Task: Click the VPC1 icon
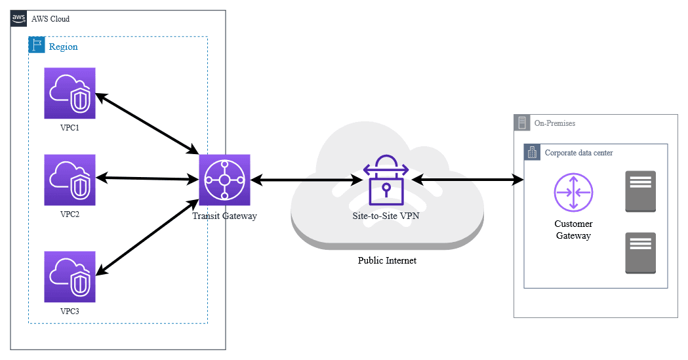[70, 93]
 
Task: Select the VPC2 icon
[70, 180]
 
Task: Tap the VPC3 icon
[70, 275]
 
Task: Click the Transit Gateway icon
[224, 180]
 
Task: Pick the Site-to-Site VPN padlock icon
[386, 180]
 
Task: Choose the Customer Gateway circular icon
[573, 192]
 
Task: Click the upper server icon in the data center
[641, 191]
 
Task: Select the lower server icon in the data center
[641, 252]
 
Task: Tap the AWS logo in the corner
[20, 18]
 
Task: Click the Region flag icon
[37, 46]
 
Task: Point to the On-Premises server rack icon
[523, 123]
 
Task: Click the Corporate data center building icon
[532, 152]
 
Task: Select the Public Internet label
[387, 261]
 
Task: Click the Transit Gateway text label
[224, 216]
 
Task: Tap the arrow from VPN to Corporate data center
[468, 178]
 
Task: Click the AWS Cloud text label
[51, 19]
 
